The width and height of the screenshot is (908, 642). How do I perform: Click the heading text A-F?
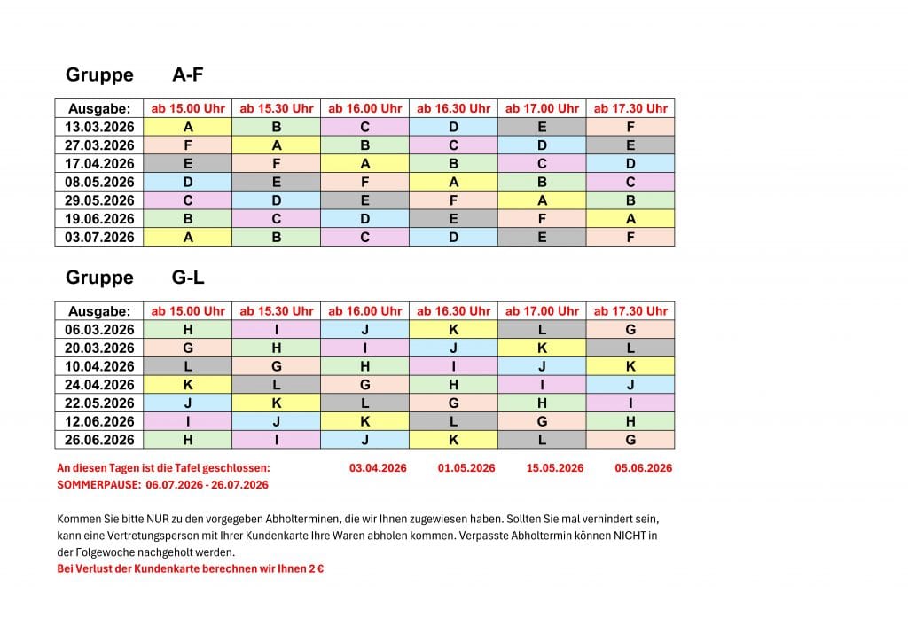click(x=188, y=74)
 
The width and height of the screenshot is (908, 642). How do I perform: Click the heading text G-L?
click(x=188, y=278)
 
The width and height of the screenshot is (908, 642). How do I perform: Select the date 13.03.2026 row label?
click(x=99, y=127)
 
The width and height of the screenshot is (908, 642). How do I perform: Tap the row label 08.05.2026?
click(x=99, y=182)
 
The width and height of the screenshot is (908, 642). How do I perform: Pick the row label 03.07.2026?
click(x=99, y=237)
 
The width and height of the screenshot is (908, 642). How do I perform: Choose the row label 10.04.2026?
click(x=99, y=366)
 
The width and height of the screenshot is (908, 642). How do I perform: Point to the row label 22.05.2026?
click(x=99, y=403)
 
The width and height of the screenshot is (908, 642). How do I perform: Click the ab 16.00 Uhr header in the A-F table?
click(x=364, y=108)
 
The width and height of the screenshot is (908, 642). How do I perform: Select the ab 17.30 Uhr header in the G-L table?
click(x=630, y=311)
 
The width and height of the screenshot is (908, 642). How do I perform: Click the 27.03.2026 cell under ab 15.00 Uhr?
click(x=188, y=145)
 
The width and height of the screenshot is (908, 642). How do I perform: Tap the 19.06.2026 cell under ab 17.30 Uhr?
click(x=630, y=218)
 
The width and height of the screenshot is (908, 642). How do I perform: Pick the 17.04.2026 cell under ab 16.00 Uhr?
click(x=364, y=163)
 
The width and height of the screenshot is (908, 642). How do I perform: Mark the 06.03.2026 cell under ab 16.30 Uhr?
click(x=453, y=330)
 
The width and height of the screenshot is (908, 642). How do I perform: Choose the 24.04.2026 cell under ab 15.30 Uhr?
click(x=277, y=385)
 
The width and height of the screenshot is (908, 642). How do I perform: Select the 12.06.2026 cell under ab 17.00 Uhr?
click(x=542, y=421)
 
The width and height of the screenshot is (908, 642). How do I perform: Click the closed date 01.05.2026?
click(x=466, y=467)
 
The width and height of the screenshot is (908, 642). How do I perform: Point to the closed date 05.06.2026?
click(x=643, y=467)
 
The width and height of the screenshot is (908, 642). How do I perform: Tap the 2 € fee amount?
click(x=314, y=568)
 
